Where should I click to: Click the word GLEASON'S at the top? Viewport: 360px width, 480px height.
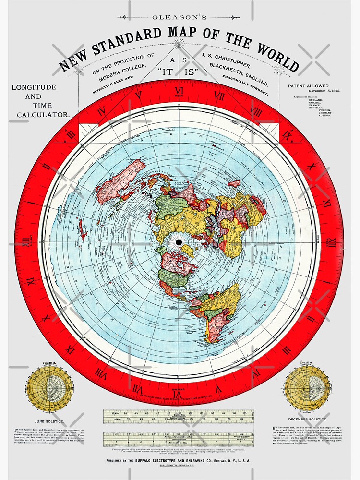[179, 17]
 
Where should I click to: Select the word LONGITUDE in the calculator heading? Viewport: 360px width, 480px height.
[34, 87]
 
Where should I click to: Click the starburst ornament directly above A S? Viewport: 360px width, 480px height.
[179, 44]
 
